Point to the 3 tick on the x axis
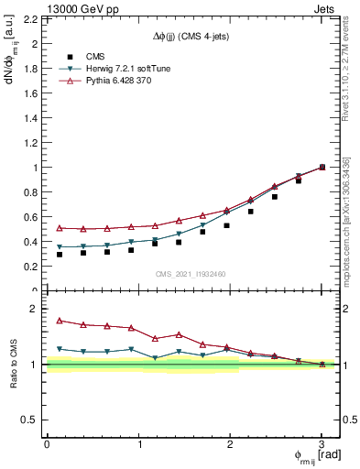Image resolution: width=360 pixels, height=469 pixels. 322,444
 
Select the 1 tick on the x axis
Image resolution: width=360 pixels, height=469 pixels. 138,444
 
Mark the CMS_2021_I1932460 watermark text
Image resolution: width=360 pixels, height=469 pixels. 191,274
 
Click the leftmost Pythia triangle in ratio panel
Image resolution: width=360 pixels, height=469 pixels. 60,321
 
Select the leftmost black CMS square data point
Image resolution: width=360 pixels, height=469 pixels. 60,254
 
